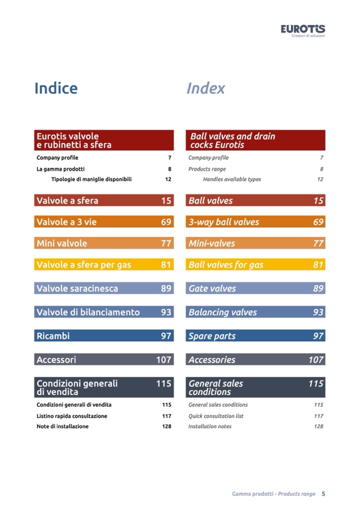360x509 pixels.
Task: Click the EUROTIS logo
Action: pos(303,29)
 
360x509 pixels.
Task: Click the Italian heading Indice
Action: pos(56,88)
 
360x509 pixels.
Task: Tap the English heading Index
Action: pos(205,88)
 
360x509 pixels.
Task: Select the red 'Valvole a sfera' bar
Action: pos(104,201)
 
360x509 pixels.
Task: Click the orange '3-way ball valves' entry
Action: pos(255,222)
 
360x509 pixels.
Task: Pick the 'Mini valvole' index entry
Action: pos(104,243)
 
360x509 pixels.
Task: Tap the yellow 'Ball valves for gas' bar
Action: pos(255,264)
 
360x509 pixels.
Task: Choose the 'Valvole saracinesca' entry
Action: pos(104,288)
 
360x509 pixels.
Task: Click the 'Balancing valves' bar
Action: pos(255,312)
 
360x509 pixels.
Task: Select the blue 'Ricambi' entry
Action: pos(104,336)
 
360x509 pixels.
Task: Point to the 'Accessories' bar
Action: pos(255,359)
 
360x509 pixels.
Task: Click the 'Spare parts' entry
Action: pos(255,336)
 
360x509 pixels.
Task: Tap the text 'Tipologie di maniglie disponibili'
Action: pos(91,179)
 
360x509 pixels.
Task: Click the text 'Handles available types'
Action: pos(232,179)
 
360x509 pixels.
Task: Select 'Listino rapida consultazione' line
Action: pos(72,416)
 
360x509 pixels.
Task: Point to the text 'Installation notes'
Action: pos(210,426)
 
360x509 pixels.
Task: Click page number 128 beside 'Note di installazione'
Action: pos(167,426)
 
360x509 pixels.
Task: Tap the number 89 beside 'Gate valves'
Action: pos(318,288)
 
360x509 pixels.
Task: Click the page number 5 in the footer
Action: pos(323,494)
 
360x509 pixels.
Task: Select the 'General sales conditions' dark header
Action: pos(255,387)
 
